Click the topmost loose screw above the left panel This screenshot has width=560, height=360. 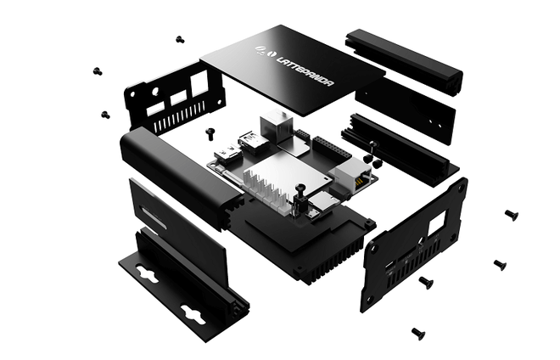click(180, 39)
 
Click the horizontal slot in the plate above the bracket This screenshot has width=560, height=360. click(150, 217)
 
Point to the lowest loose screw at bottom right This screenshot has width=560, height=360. click(417, 333)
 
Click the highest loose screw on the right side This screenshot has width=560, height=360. click(511, 214)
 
